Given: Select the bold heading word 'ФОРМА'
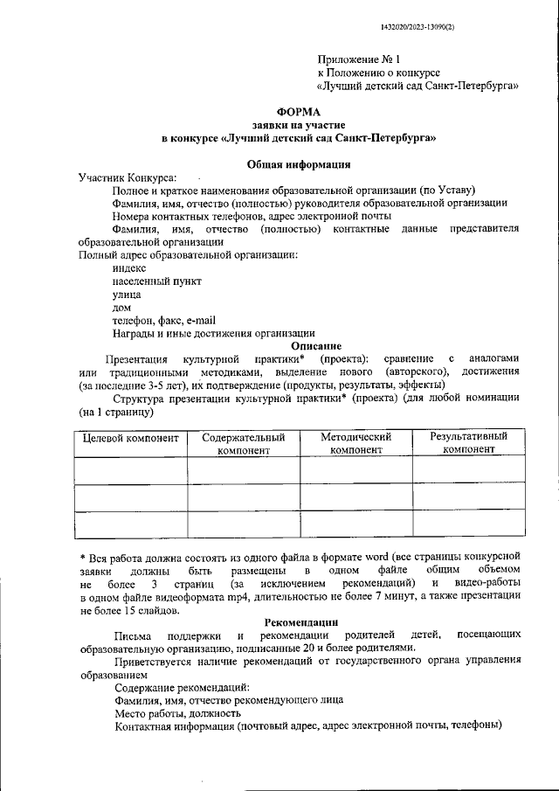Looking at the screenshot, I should coord(299,111).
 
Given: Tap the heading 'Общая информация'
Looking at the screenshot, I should coord(299,163).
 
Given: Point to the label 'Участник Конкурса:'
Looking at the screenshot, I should coord(127,177).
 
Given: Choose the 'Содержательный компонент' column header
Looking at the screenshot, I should coord(244,443).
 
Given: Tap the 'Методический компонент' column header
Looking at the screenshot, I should coord(355,443).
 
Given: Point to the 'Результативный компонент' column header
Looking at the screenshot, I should coord(468,443).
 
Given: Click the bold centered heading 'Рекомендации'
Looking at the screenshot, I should coord(300,621).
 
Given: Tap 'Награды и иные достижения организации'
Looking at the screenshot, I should coord(214,333).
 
